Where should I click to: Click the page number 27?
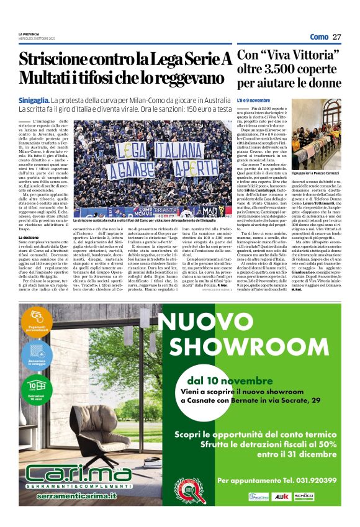pyautogui.click(x=336, y=37)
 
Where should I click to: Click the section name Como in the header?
pyautogui.click(x=319, y=37)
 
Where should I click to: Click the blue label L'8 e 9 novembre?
pyautogui.click(x=253, y=100)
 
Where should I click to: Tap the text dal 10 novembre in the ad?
pyautogui.click(x=225, y=380)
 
